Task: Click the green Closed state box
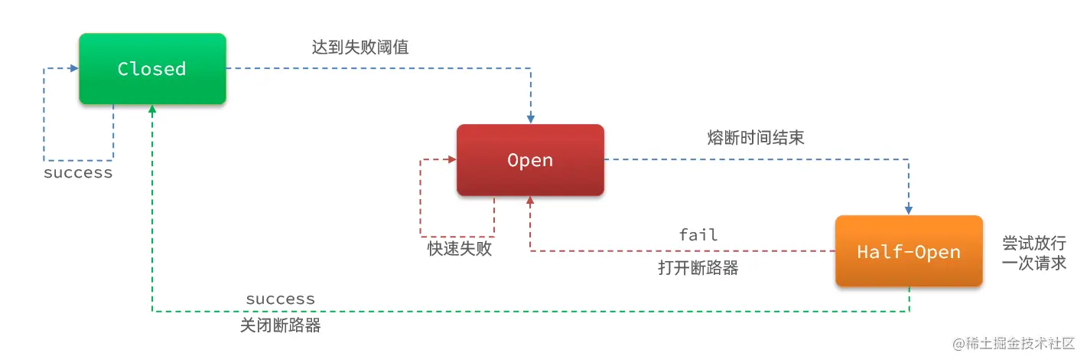click(x=152, y=69)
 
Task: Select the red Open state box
click(x=530, y=160)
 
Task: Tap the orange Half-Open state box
click(x=908, y=251)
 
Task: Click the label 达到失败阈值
click(x=360, y=47)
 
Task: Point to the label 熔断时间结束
click(x=756, y=138)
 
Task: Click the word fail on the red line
click(x=698, y=234)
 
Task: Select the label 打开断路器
click(x=698, y=268)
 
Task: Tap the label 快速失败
click(x=459, y=249)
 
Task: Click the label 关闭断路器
click(x=281, y=325)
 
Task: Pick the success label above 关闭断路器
click(x=280, y=299)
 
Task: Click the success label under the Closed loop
click(x=78, y=172)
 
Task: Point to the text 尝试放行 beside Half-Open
click(x=1034, y=243)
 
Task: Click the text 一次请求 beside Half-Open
click(x=1034, y=262)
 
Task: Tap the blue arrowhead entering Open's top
click(x=530, y=119)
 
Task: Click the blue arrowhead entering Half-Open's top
click(x=909, y=210)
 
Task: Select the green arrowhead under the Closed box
click(x=153, y=110)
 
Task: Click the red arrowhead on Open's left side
click(x=451, y=160)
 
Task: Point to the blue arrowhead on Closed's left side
click(x=73, y=69)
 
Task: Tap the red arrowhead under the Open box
click(x=530, y=201)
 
